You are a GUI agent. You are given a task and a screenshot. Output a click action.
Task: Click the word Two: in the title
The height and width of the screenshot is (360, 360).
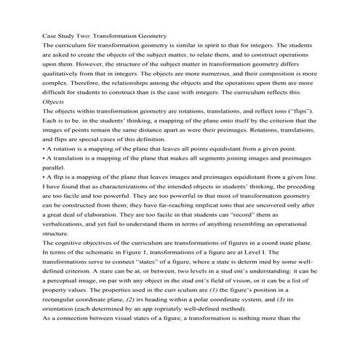84,36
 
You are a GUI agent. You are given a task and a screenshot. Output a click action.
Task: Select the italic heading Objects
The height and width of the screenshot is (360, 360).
55,121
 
